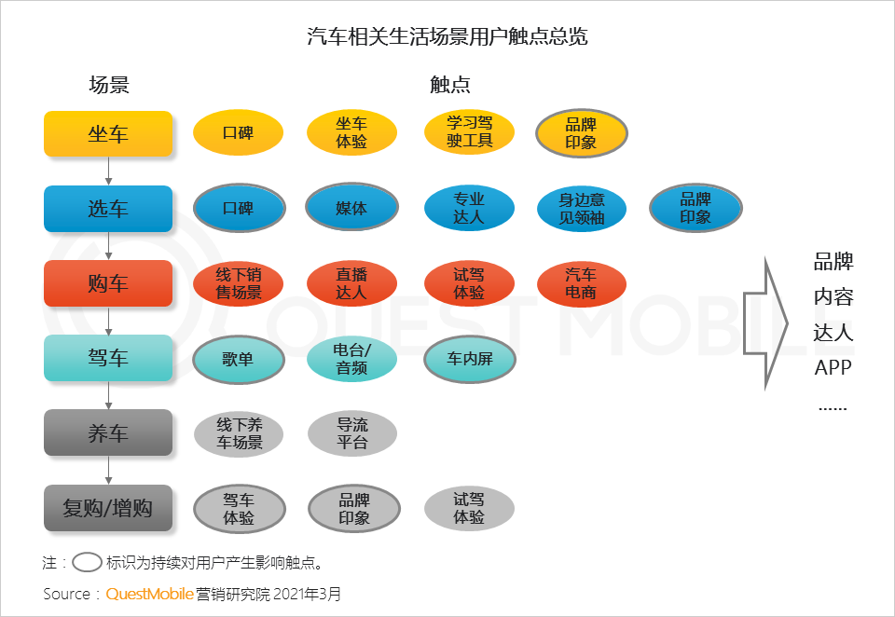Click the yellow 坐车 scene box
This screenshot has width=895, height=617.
click(108, 133)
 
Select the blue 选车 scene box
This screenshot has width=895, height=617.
click(108, 209)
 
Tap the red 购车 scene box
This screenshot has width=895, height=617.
click(108, 283)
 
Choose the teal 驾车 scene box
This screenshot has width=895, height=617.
click(108, 358)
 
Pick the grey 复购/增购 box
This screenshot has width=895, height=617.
click(108, 508)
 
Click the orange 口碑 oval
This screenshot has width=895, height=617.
click(238, 132)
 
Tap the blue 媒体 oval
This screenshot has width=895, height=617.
click(351, 208)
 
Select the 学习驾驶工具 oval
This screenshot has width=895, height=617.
click(469, 132)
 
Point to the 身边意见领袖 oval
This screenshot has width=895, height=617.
click(582, 208)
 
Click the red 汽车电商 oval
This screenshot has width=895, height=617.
click(582, 283)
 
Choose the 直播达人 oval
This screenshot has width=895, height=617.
click(351, 283)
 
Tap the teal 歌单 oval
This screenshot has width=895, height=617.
click(238, 359)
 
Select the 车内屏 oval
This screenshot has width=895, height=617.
click(469, 359)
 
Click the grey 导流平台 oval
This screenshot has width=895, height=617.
click(351, 433)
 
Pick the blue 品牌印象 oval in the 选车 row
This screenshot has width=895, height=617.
click(695, 208)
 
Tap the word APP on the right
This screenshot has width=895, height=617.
click(833, 367)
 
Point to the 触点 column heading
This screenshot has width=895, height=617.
click(449, 86)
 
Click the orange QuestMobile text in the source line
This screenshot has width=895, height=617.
click(149, 594)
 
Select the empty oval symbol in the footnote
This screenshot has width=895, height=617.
click(88, 562)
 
